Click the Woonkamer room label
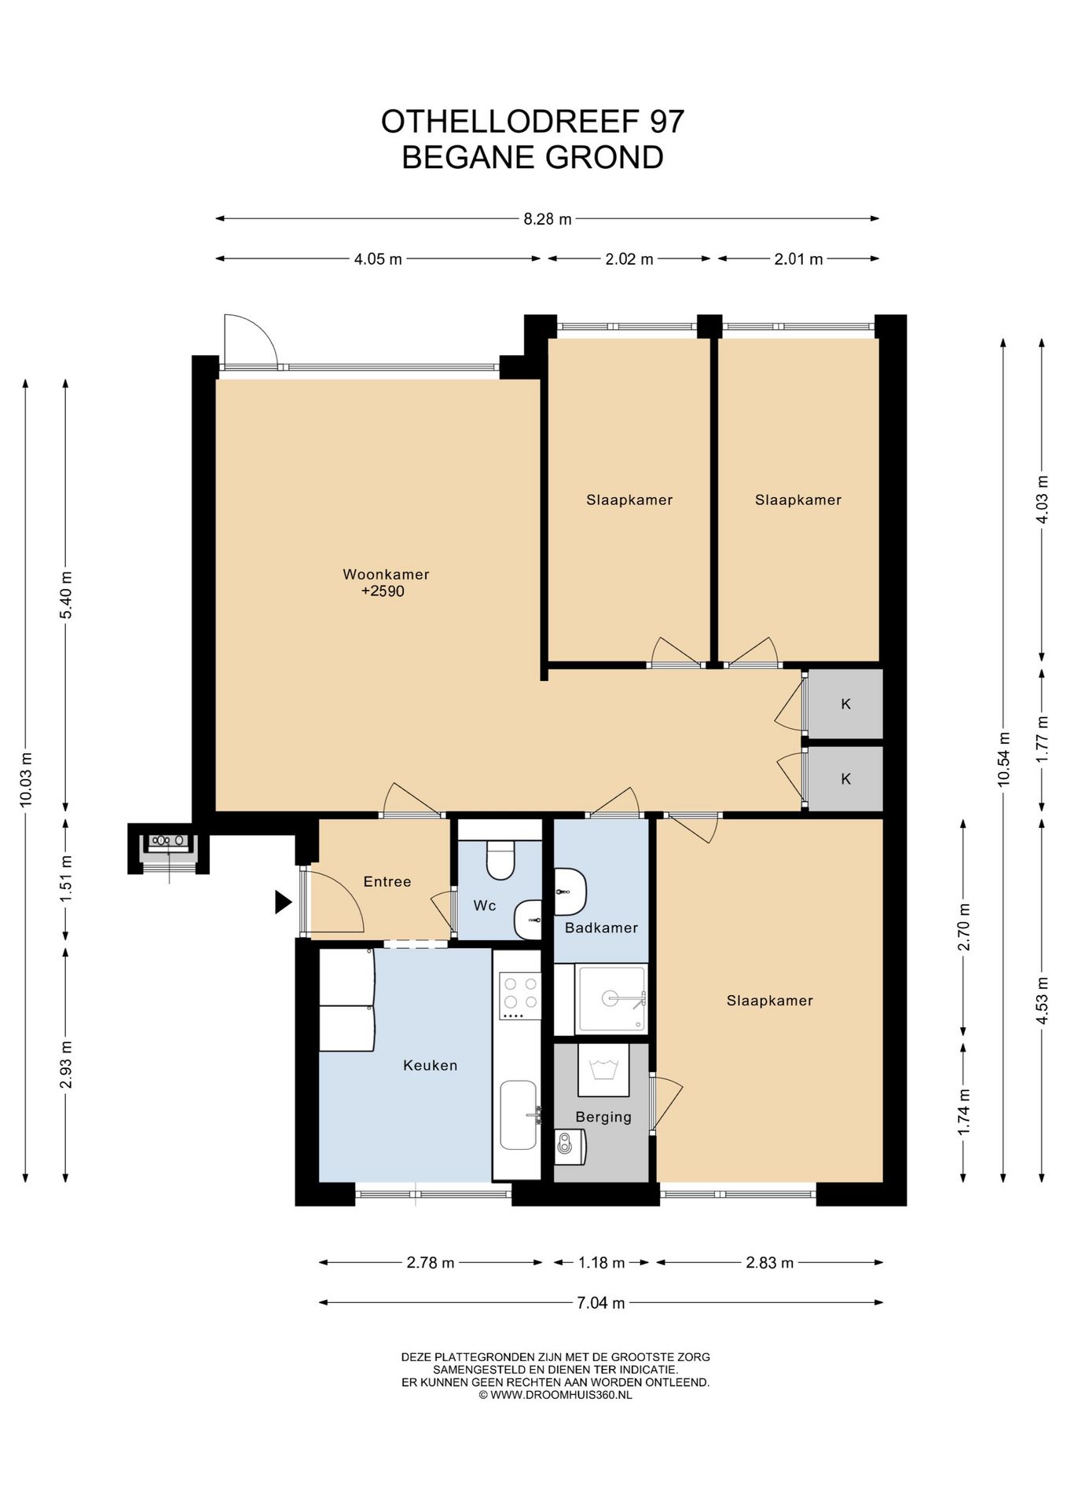click(x=386, y=574)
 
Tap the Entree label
click(x=387, y=881)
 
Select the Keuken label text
click(x=430, y=1065)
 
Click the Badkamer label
click(x=601, y=928)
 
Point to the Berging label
click(x=603, y=1117)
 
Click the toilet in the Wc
click(x=500, y=860)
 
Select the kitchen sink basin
click(x=519, y=1115)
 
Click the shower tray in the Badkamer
click(x=611, y=999)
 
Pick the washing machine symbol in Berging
click(x=603, y=1070)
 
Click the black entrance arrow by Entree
click(x=283, y=902)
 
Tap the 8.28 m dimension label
click(x=548, y=219)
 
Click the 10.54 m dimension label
click(x=1003, y=759)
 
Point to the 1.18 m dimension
click(x=601, y=1263)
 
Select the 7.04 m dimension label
click(x=601, y=1303)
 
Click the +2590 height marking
click(x=383, y=591)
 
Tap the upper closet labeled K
click(x=845, y=704)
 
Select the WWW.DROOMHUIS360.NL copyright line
click(x=555, y=1395)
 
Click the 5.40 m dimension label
click(x=66, y=594)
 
